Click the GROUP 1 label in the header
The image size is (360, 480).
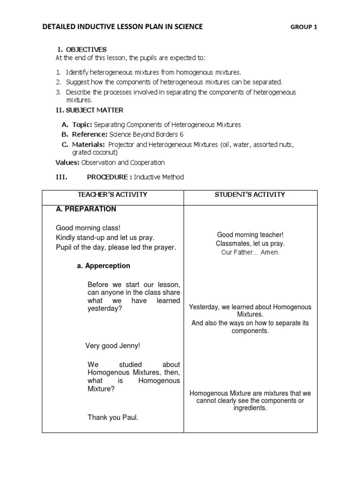tap(304, 27)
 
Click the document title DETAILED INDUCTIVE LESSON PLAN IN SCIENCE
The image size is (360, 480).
tap(122, 27)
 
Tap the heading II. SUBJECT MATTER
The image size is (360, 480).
tap(90, 110)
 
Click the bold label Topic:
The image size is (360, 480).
tap(82, 125)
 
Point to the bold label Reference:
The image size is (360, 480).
tap(88, 135)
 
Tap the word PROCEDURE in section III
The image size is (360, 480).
tap(109, 177)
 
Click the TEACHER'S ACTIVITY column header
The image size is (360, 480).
tap(112, 195)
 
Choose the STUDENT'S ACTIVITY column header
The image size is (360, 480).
tap(250, 195)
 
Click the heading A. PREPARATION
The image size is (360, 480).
tap(86, 209)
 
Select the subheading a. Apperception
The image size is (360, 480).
tap(104, 266)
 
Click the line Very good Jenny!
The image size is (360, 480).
tap(112, 346)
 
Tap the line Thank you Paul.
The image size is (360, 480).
tap(113, 417)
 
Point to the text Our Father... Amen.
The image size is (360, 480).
tap(250, 252)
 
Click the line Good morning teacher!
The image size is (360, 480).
tap(250, 234)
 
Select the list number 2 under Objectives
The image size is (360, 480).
tap(59, 82)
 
